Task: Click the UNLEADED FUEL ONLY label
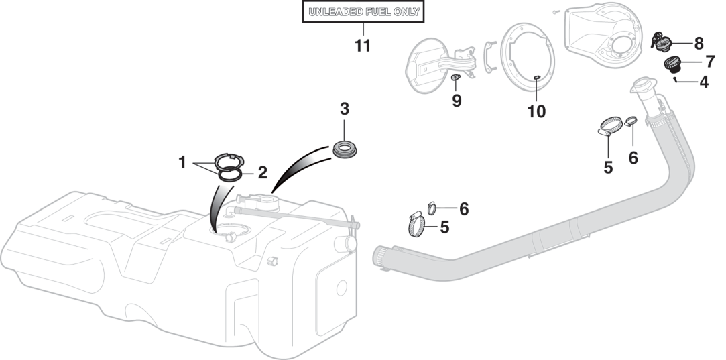tap(363, 12)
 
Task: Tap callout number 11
tap(362, 46)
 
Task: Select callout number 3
tap(344, 109)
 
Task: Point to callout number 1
tap(182, 162)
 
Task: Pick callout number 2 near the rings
tap(262, 172)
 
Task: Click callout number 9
tap(457, 101)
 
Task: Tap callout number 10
tap(536, 111)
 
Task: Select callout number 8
tap(698, 44)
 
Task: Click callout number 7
tap(709, 62)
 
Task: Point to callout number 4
tap(703, 82)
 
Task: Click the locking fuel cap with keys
tap(662, 43)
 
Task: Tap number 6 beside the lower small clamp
tap(463, 208)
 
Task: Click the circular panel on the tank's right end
tap(341, 288)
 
